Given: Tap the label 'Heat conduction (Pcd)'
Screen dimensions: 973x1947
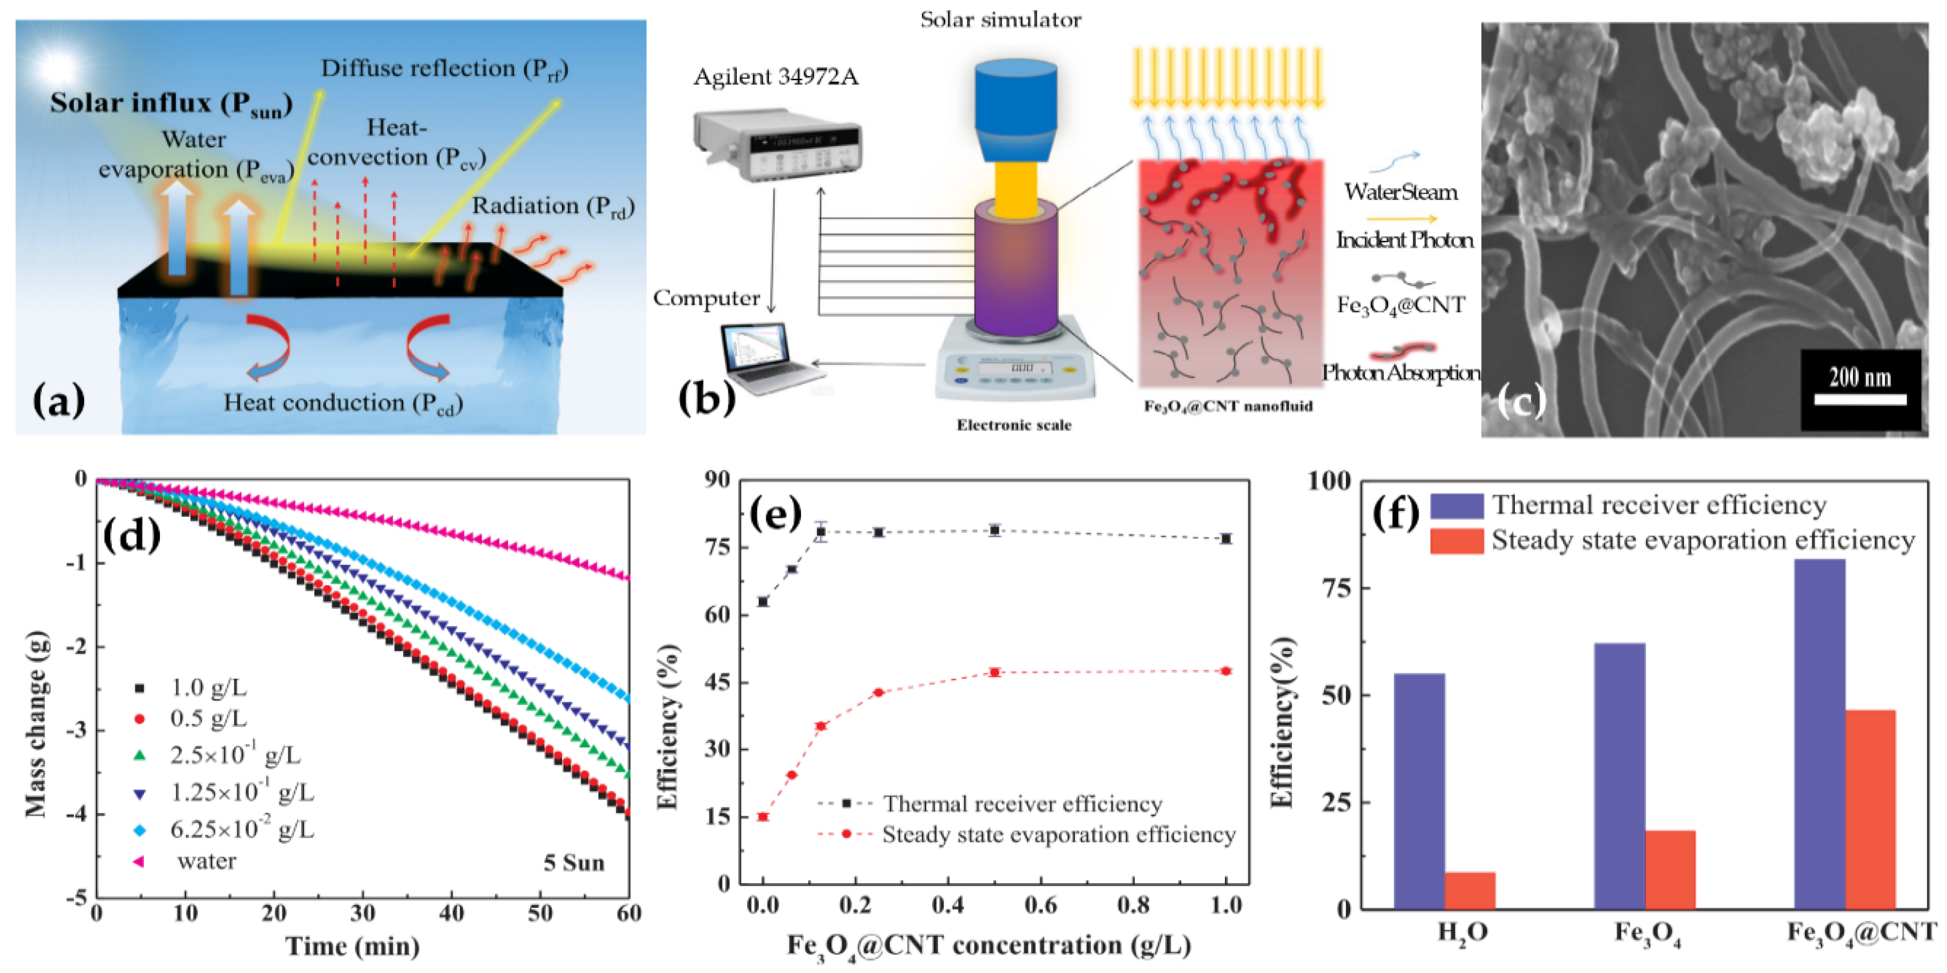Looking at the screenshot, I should pyautogui.click(x=342, y=403).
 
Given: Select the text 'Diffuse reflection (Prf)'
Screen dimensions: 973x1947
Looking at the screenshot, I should pyautogui.click(x=444, y=69).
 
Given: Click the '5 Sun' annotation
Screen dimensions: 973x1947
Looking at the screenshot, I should pyautogui.click(x=574, y=863).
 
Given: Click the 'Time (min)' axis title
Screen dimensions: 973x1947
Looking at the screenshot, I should pyautogui.click(x=352, y=946).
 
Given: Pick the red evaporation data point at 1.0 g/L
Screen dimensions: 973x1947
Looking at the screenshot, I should pyautogui.click(x=1226, y=671).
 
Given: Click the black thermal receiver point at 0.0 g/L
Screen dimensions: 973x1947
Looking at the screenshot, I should pyautogui.click(x=764, y=602).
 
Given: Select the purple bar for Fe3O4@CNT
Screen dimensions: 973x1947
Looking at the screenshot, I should pyautogui.click(x=1819, y=733).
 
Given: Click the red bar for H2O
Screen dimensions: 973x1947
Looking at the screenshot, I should pyautogui.click(x=1469, y=890).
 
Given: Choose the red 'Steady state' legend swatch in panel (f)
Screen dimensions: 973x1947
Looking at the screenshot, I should pyautogui.click(x=1456, y=541).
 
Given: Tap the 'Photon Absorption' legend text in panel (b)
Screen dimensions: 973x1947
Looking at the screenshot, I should pyautogui.click(x=1400, y=373).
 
